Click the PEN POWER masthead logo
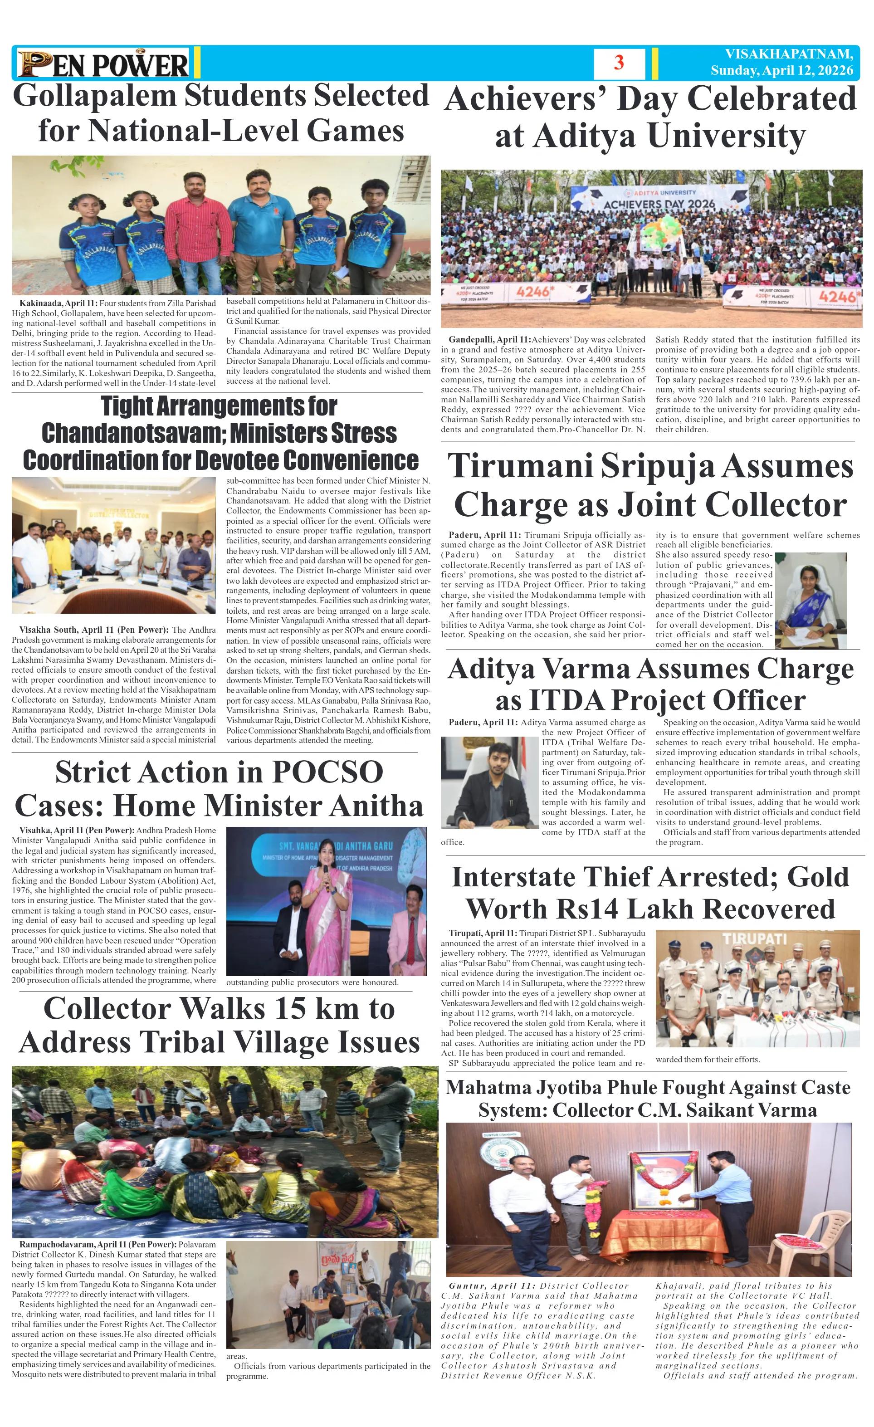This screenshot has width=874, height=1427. [x=103, y=64]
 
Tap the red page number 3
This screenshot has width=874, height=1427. [x=619, y=63]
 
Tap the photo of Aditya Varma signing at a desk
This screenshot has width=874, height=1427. [x=489, y=782]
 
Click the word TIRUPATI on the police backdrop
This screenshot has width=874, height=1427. [x=754, y=939]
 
